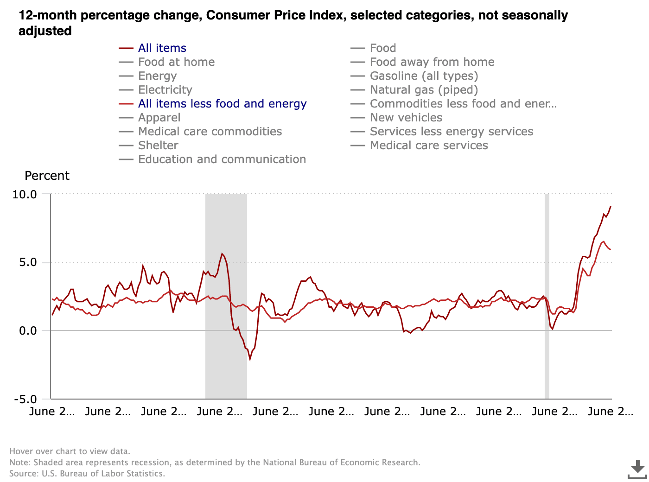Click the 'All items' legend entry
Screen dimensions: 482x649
[x=162, y=48]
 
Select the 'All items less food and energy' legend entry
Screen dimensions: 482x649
[x=222, y=104]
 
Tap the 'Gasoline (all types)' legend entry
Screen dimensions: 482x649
[x=424, y=76]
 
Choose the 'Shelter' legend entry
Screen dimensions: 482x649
[x=158, y=146]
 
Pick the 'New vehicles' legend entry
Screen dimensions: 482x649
[x=406, y=118]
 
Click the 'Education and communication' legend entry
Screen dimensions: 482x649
[x=222, y=159]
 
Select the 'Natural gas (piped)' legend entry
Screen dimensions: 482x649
[x=424, y=90]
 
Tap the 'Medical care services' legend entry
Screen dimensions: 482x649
[x=429, y=146]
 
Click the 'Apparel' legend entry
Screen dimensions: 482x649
[x=159, y=118]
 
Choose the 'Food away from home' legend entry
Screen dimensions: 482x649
[x=432, y=62]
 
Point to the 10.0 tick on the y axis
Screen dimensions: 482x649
[x=25, y=194]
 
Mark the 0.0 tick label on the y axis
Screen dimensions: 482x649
[x=27, y=331]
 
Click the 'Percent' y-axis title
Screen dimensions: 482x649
[x=47, y=176]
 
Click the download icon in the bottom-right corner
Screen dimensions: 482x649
[x=637, y=469]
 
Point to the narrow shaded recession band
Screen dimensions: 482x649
[x=547, y=297]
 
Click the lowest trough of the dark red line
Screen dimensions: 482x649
[x=250, y=359]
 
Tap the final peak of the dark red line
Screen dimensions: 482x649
[x=611, y=206]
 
